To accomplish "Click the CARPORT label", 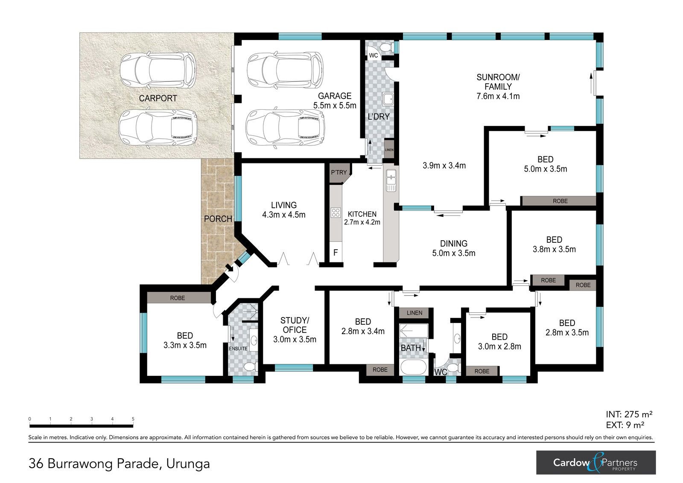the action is tap(158, 98).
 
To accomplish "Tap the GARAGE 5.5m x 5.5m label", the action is tap(335, 101).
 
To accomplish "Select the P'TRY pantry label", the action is tap(339, 172).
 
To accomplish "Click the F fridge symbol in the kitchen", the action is tap(336, 252).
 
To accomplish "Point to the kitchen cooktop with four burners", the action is tap(336, 212).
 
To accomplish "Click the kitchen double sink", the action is tap(391, 180).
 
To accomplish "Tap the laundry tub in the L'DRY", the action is tap(388, 99).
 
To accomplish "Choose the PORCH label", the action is tap(218, 219).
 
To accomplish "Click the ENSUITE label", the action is tap(238, 349).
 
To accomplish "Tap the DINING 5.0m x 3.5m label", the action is tap(453, 248).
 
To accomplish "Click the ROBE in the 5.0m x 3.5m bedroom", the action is tap(560, 201).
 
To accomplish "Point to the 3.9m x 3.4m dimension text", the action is tap(444, 166).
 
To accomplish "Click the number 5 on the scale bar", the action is tap(133, 419).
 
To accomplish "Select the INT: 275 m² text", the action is tap(629, 414).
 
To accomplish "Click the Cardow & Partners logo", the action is tap(596, 462).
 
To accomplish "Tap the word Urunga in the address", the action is tap(188, 463).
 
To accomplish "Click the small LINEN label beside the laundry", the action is tap(389, 150).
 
